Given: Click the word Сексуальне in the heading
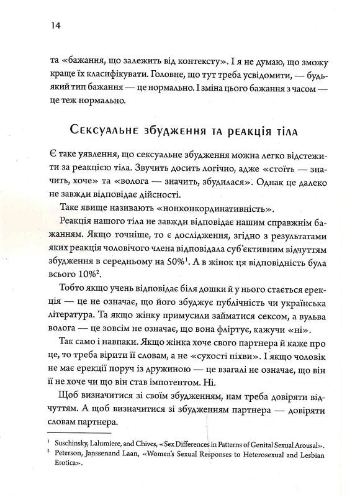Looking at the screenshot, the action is tap(101, 132).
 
